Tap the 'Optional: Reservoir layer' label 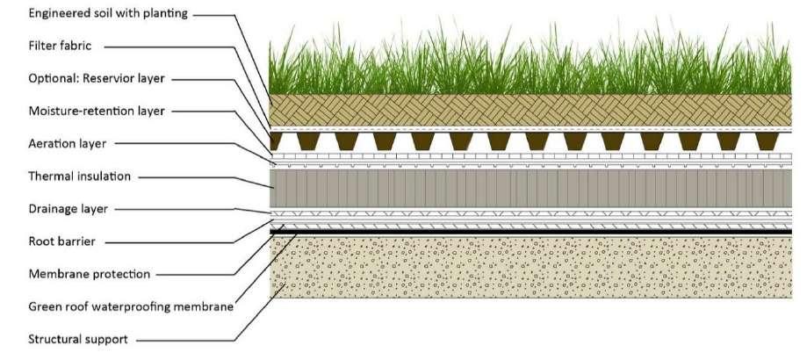click(x=97, y=79)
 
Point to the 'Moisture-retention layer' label click(x=97, y=111)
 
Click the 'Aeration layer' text click(x=67, y=143)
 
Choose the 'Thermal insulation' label click(x=80, y=176)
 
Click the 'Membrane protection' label click(x=90, y=274)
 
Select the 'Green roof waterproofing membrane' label click(x=131, y=306)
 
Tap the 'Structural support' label click(x=80, y=338)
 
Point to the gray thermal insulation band click(x=527, y=187)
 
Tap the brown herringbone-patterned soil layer click(x=527, y=110)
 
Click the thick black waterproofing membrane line click(x=527, y=231)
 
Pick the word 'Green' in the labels click(x=46, y=306)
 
